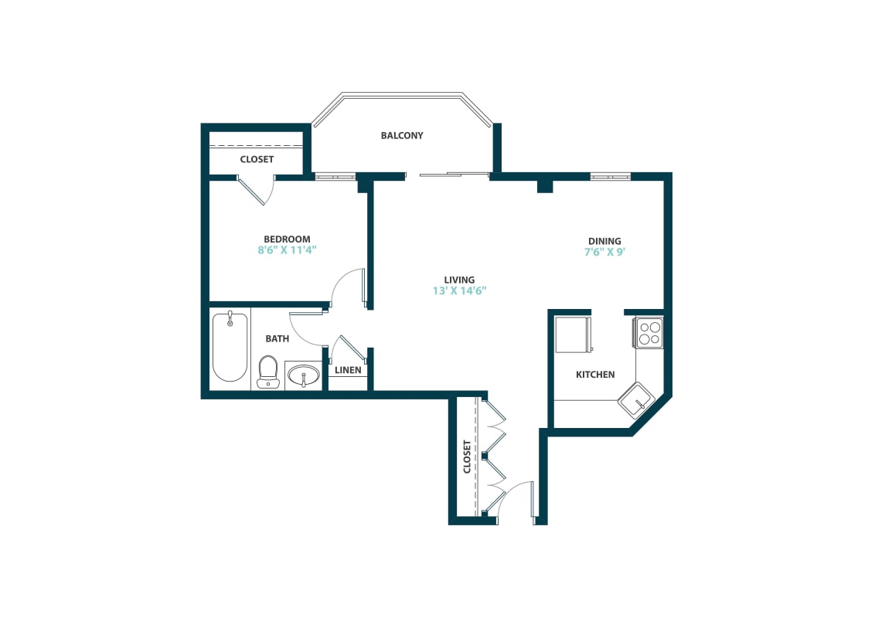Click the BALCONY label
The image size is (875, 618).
pos(402,136)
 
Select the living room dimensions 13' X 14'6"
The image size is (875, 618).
pos(459,291)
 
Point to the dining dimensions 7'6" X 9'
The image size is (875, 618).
pos(604,252)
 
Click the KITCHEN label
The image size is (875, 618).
pos(595,375)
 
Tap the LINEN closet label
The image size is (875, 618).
pos(348,370)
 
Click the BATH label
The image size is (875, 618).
pos(277,338)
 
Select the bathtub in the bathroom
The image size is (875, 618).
pos(230,347)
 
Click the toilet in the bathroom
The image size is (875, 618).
pos(267,371)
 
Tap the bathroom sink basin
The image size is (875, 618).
pos(303,376)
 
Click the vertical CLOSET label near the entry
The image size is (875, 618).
pos(467,457)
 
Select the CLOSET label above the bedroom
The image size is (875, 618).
pos(257,159)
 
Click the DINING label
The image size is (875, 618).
pos(604,241)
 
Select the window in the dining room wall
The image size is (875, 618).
pos(611,177)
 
